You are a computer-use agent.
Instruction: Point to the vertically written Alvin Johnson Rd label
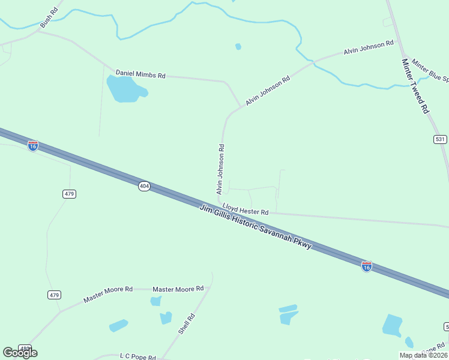[x=220, y=169]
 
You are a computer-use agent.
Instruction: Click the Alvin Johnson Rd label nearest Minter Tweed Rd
[x=369, y=47]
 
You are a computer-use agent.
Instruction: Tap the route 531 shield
[x=440, y=139]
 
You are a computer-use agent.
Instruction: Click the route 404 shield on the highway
[x=144, y=187]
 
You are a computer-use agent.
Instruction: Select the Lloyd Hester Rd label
[x=245, y=209]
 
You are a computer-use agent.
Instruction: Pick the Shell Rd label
[x=187, y=324]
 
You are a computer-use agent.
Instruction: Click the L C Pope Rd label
[x=138, y=356]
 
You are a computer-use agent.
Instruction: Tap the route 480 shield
[x=25, y=348]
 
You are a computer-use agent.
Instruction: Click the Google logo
[x=20, y=353]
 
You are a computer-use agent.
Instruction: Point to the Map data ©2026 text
[x=423, y=355]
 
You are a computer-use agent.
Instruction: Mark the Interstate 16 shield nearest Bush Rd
[x=33, y=145]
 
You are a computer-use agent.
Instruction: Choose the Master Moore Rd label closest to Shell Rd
[x=178, y=289]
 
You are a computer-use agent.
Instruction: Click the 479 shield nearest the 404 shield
[x=69, y=194]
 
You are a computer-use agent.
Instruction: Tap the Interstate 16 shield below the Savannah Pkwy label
[x=366, y=266]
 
